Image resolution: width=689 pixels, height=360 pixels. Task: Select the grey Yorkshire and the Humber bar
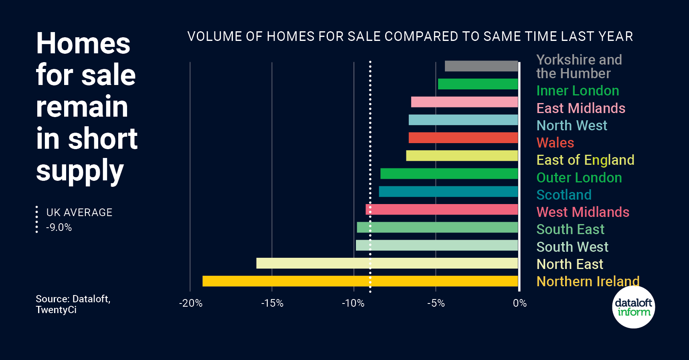481,66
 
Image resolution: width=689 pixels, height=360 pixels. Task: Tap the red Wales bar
463,138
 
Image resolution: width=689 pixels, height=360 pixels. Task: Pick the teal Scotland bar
448,192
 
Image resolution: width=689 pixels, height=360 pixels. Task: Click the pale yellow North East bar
387,263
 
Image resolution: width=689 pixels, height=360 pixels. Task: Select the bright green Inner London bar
478,84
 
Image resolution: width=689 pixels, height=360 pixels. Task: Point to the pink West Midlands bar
442,210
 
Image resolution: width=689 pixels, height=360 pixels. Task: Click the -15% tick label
272,303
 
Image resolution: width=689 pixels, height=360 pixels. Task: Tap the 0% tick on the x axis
519,303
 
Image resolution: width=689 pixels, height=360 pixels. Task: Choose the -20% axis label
190,303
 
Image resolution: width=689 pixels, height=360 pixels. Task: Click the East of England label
585,160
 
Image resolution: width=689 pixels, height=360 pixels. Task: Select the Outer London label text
579,178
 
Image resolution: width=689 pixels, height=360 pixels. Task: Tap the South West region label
572,247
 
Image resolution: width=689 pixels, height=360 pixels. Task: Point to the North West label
572,125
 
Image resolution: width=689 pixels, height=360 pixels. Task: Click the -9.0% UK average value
59,228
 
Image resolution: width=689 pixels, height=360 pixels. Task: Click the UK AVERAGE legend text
79,212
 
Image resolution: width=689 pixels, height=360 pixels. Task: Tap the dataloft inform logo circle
633,307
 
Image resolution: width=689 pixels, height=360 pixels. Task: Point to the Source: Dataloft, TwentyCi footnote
73,304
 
